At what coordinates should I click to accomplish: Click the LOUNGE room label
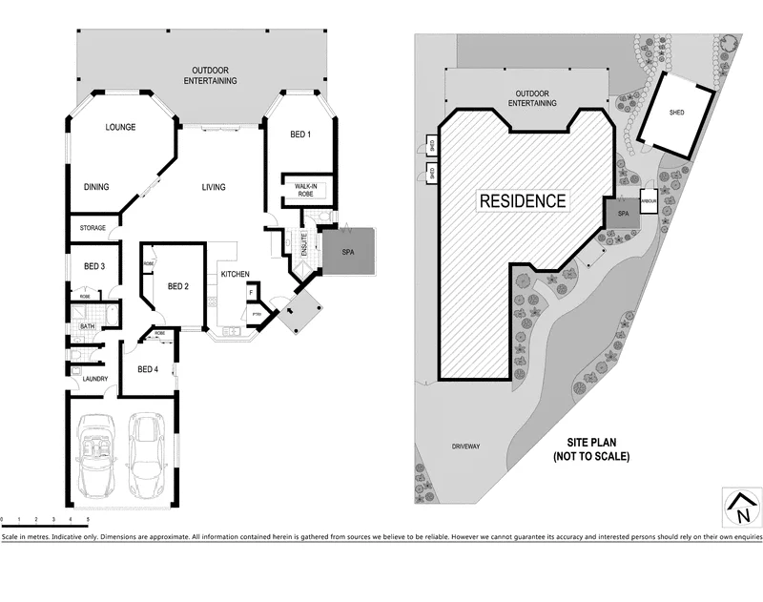point(120,127)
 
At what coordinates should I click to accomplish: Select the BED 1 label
point(300,135)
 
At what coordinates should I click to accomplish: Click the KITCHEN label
point(236,275)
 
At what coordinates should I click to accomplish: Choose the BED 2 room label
point(179,285)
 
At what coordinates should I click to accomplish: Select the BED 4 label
point(147,369)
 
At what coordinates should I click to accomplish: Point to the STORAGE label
point(93,228)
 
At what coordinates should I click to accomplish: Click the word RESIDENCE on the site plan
point(522,201)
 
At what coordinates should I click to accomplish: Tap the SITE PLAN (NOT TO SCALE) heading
point(591,450)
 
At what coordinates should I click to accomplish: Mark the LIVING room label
point(214,187)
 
